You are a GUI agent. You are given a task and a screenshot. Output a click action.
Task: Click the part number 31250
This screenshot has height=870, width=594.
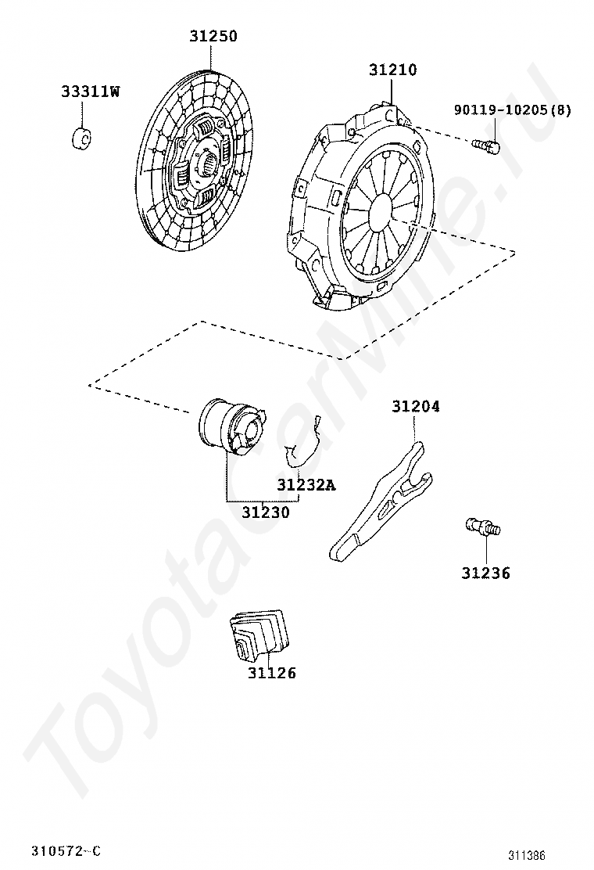(x=213, y=36)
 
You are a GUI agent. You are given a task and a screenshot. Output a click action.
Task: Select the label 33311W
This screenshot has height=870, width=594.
(x=91, y=92)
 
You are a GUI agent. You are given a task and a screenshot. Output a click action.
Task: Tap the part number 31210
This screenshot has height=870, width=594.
(x=392, y=70)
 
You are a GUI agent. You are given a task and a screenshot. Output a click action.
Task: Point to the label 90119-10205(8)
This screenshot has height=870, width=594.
(x=512, y=110)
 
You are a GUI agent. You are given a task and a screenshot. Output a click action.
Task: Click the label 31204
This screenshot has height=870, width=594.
(x=415, y=407)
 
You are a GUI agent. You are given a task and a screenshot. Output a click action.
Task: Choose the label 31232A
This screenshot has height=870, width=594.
(x=306, y=485)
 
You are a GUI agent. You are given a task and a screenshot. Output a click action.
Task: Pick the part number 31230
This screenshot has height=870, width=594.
(x=265, y=513)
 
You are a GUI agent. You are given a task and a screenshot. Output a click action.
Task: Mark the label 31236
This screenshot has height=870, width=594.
(x=485, y=573)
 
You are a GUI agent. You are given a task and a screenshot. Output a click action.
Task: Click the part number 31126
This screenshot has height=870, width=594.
(x=272, y=673)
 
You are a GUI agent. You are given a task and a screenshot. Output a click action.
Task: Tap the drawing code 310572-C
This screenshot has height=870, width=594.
(x=66, y=851)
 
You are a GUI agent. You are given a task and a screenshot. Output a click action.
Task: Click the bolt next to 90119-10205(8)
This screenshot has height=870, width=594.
(x=486, y=146)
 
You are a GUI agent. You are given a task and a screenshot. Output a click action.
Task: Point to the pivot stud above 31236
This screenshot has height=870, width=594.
(x=482, y=527)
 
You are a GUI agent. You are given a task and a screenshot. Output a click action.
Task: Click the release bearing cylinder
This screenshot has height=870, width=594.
(x=230, y=426)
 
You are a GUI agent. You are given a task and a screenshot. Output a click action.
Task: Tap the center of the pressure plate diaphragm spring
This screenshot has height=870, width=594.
(x=381, y=209)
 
